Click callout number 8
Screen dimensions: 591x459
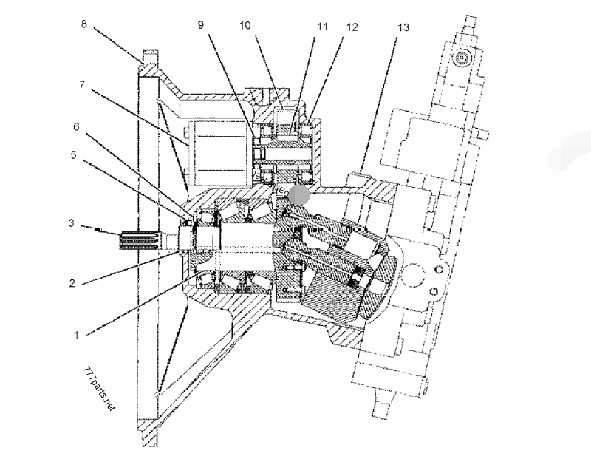(x=83, y=24)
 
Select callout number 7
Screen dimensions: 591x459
(x=82, y=85)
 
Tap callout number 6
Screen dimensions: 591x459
(x=76, y=126)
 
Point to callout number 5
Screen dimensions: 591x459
(x=73, y=155)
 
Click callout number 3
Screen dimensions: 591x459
(x=71, y=223)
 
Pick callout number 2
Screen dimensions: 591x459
(x=72, y=283)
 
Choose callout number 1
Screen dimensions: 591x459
(x=77, y=335)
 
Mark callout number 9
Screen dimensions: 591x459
(x=201, y=25)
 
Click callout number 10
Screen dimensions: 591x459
(x=245, y=26)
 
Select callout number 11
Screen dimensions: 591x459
(x=322, y=27)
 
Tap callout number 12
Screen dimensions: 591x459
(x=352, y=27)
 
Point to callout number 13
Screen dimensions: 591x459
(x=403, y=27)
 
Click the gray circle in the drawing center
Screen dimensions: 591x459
(x=299, y=195)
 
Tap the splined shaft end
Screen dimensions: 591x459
(x=138, y=241)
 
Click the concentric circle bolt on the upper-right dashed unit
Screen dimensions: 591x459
(x=461, y=58)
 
